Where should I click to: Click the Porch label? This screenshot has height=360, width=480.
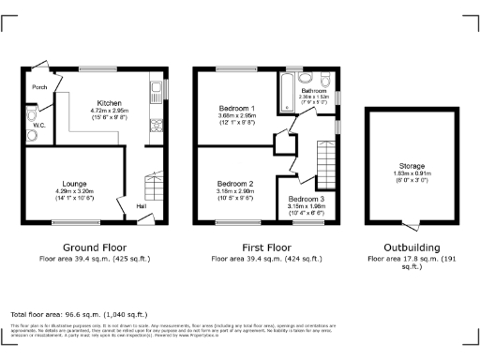pos(39,87)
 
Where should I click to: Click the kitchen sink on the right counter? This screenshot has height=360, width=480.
pos(155,92)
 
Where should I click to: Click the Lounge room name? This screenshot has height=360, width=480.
pos(75,183)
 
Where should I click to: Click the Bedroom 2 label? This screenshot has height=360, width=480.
pos(235,183)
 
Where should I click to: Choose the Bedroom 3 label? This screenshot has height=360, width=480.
pos(307,200)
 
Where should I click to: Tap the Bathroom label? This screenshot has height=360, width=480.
pos(314,90)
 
